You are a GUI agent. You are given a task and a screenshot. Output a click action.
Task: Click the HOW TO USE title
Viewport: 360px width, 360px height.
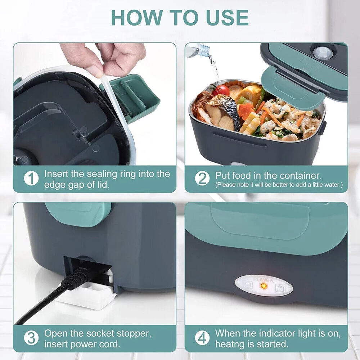click(180, 17)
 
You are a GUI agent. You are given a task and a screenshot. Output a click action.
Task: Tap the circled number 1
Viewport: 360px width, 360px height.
click(31, 179)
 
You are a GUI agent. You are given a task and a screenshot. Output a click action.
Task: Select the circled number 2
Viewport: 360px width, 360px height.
click(202, 179)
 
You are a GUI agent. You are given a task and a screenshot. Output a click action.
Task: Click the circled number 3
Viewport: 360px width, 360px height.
click(31, 339)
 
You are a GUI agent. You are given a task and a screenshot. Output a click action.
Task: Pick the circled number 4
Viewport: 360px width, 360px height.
click(202, 339)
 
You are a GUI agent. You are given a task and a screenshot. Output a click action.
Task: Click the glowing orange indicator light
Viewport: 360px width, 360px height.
click(264, 286)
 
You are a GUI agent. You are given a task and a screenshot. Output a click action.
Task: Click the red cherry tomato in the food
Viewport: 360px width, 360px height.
click(221, 90)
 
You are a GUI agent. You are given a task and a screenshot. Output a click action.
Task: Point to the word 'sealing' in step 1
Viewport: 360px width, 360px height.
click(102, 174)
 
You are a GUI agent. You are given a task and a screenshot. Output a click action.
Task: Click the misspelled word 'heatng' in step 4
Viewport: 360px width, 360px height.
click(232, 344)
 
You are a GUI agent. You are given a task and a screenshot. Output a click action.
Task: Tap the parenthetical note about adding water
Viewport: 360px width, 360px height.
click(279, 185)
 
